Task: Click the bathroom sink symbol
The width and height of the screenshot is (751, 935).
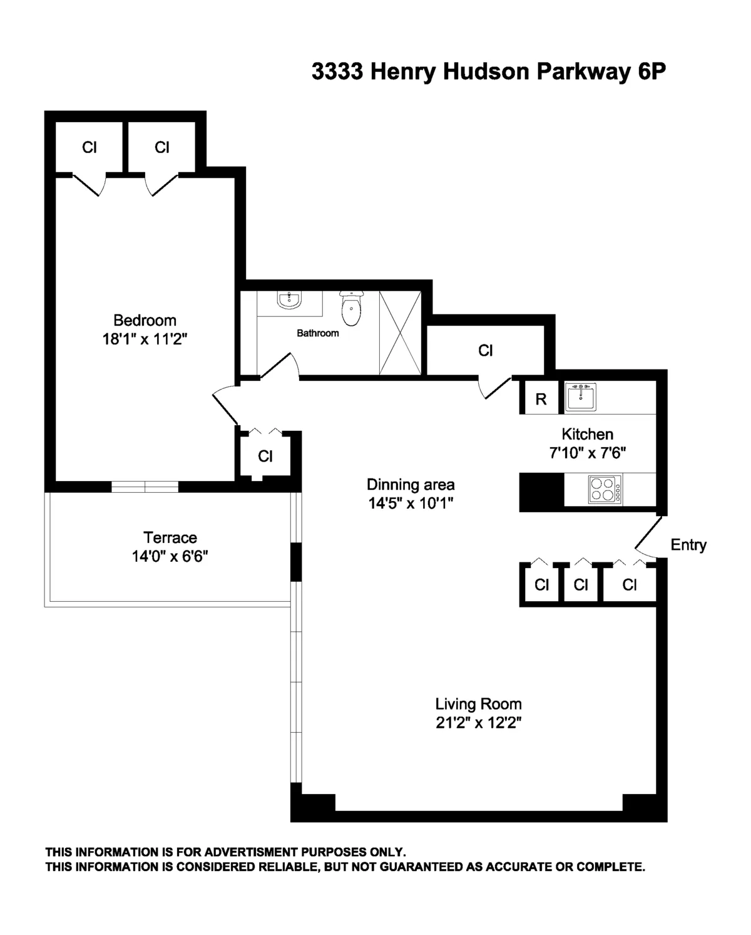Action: (x=289, y=301)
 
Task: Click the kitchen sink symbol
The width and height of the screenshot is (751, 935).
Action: (x=581, y=397)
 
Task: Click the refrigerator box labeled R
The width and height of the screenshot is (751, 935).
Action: (x=541, y=400)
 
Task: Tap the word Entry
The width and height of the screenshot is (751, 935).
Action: (x=688, y=545)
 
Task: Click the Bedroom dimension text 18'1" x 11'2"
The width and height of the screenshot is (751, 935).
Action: (x=145, y=339)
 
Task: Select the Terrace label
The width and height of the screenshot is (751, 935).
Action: (x=170, y=537)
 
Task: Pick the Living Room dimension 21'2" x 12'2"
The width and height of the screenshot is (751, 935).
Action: (x=479, y=723)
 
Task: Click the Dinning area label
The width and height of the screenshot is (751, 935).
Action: (x=411, y=484)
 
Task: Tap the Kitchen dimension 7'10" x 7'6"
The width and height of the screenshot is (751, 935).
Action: (x=587, y=452)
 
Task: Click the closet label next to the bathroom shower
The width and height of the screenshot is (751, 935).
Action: (x=486, y=351)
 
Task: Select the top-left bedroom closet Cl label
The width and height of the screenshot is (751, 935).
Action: (x=89, y=147)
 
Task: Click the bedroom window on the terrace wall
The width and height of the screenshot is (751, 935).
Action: (x=145, y=487)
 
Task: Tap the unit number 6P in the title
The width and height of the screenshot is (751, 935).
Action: (x=651, y=73)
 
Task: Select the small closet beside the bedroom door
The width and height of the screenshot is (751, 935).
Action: (x=265, y=456)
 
